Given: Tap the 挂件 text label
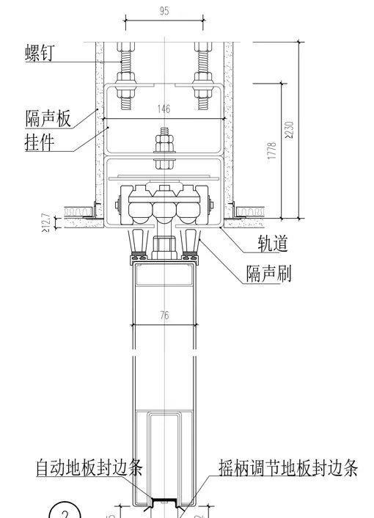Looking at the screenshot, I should (x=40, y=142).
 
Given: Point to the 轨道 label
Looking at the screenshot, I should (x=272, y=244).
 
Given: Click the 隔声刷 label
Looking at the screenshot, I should (x=269, y=274).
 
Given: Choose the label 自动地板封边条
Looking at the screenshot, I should (x=89, y=467).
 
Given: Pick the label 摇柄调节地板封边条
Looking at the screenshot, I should (x=288, y=467).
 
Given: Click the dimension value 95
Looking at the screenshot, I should (x=164, y=11).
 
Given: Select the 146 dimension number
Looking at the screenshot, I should (x=164, y=109).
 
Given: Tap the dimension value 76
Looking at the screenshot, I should (x=164, y=316).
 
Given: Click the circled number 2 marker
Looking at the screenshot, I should (x=64, y=511).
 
